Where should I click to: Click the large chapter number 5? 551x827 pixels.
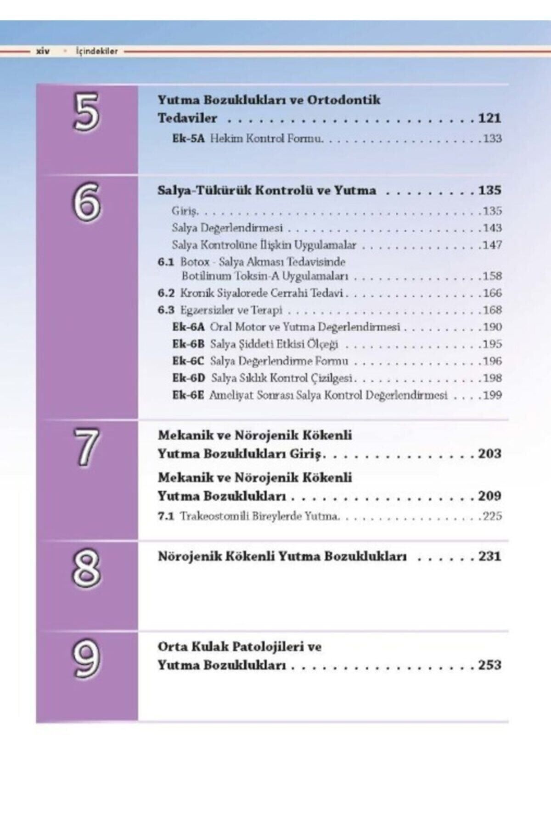[86, 112]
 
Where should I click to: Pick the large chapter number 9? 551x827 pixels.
[86, 658]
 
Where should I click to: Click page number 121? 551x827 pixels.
[489, 118]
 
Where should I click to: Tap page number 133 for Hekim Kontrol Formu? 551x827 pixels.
[492, 138]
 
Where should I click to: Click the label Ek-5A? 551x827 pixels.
[188, 138]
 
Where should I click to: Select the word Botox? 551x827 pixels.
[195, 262]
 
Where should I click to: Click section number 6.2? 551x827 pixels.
[166, 293]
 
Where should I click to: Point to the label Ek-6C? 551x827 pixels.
[188, 361]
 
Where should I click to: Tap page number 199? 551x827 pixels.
[492, 395]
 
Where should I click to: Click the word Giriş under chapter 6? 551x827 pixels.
[184, 211]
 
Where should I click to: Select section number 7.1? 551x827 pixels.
[166, 516]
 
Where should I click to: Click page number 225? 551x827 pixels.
[492, 516]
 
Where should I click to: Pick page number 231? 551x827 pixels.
[489, 556]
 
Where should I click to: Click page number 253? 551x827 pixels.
[489, 665]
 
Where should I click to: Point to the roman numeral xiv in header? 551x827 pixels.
[43, 51]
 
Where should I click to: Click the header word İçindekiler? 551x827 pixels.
[97, 51]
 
